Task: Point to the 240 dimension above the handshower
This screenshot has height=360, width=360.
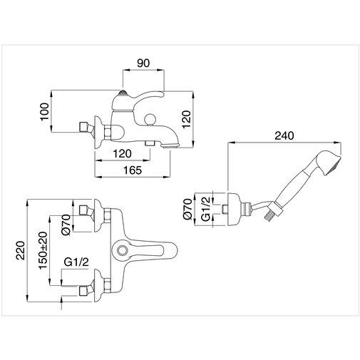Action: pyautogui.click(x=283, y=135)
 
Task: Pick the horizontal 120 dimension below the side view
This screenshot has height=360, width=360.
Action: pyautogui.click(x=121, y=153)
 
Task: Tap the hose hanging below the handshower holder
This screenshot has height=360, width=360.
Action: pyautogui.click(x=268, y=215)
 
